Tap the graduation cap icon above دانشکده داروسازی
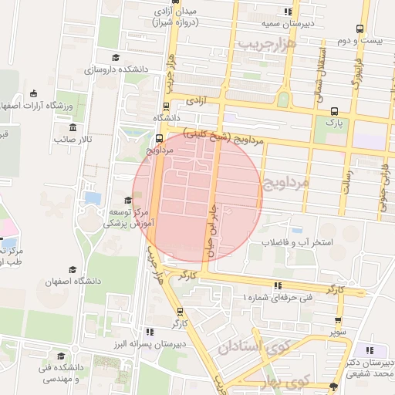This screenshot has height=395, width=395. click(116, 58)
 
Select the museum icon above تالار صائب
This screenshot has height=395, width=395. click(73, 127)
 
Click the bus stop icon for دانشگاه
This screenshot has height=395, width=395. click(166, 107)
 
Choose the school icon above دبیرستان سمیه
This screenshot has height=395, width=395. click(288, 12)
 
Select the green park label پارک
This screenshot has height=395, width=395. click(333, 121)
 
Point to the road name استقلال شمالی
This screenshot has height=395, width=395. click(317, 66)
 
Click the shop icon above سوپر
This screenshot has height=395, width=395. click(339, 321)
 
